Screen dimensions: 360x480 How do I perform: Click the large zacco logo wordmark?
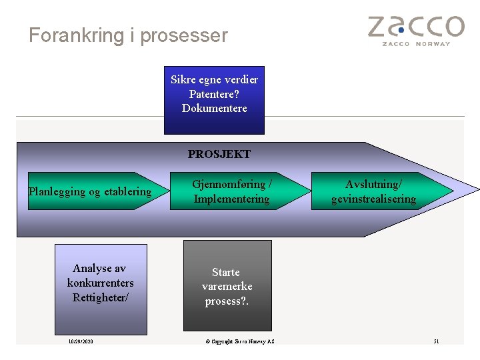point(415,27)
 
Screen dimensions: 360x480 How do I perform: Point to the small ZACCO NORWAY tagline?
point(415,44)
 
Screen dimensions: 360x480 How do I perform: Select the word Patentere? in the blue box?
point(214,94)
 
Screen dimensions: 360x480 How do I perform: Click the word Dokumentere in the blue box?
point(214,108)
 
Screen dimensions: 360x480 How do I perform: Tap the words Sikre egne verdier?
point(214,79)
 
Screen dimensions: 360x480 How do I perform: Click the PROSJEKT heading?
point(219,154)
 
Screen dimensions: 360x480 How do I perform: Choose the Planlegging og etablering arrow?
point(90,192)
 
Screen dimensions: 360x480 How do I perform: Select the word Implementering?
point(231,199)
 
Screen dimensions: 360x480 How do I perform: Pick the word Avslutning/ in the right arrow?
point(373,184)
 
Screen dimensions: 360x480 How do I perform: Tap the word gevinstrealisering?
point(373,199)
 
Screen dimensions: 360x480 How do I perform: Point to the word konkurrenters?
point(100,283)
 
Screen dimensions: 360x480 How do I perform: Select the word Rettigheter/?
point(100,297)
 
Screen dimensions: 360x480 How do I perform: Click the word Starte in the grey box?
point(226,272)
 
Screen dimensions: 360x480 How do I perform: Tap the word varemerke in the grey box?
point(227,287)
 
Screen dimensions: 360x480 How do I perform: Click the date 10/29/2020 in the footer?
point(81,341)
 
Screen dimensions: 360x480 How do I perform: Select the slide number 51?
point(436,341)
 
